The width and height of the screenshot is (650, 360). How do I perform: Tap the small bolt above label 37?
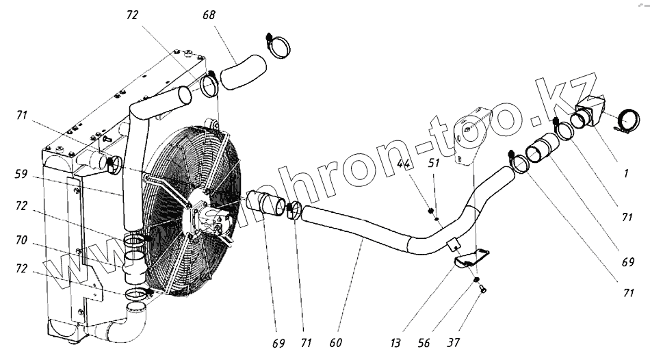pyautogui.click(x=480, y=288)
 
